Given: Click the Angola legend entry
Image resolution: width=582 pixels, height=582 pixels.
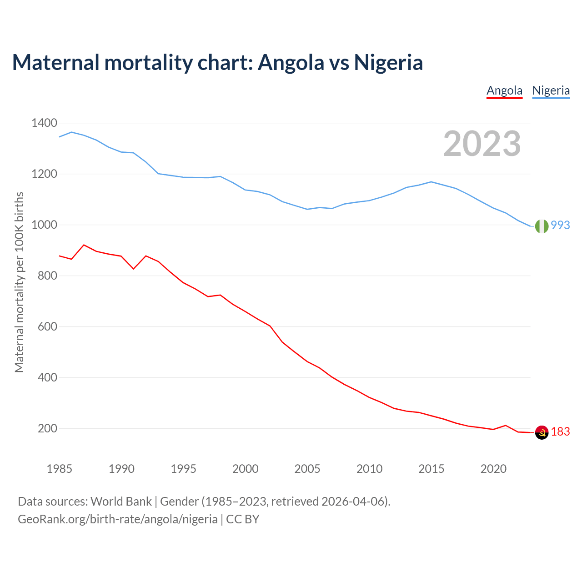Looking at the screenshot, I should [x=504, y=90].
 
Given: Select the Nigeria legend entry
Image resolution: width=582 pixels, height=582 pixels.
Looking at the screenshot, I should [x=551, y=90].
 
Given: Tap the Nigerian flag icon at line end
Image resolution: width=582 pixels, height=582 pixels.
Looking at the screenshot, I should [x=542, y=226].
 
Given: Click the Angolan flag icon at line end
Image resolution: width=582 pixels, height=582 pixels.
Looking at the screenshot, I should [x=542, y=432].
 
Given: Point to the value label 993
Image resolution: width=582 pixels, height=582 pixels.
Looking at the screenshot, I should [x=560, y=225].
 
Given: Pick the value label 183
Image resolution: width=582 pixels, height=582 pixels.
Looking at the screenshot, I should [x=560, y=431].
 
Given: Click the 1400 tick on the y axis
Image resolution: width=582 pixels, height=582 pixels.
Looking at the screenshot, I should [x=44, y=123].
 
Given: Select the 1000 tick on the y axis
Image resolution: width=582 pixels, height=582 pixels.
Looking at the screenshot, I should [x=44, y=225].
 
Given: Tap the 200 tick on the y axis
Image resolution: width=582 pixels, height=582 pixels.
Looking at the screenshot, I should [x=48, y=428].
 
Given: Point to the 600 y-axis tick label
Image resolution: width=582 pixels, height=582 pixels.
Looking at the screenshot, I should [x=48, y=326].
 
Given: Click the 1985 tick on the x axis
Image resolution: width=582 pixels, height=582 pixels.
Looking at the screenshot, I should [x=60, y=468].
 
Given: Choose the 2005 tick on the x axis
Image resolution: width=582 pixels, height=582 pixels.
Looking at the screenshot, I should [x=307, y=468].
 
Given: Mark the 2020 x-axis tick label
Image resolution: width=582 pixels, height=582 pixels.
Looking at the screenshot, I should [x=493, y=468].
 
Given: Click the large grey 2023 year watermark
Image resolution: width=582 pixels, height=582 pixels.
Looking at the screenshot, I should [x=482, y=144].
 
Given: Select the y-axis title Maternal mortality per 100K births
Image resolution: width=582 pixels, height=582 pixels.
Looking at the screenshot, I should [x=19, y=282].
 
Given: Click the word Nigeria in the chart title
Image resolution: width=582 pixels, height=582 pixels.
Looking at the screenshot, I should [x=388, y=62].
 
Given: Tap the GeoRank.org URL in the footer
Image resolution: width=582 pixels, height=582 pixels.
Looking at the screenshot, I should [x=118, y=519].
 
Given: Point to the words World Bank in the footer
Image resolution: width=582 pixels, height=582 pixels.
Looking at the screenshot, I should [x=121, y=501].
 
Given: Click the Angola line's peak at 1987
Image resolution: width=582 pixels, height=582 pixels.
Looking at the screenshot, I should [x=84, y=245].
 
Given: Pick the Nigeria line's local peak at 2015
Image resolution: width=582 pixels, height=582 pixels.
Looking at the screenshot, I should [x=431, y=182].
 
